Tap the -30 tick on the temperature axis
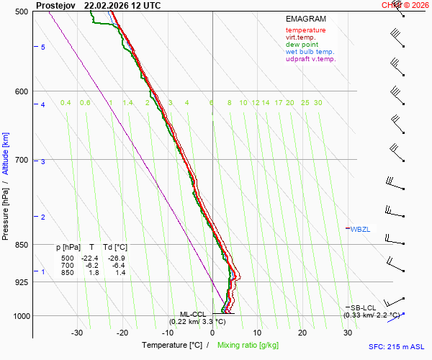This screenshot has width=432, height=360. pyautogui.click(x=77, y=333)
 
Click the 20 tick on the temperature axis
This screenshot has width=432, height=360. pyautogui.click(x=302, y=333)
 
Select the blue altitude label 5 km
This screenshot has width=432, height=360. pyautogui.click(x=43, y=47)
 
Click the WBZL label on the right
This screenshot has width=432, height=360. pyautogui.click(x=360, y=230)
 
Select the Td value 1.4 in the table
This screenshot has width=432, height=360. pyautogui.click(x=120, y=273)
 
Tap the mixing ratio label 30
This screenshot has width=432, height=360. pyautogui.click(x=318, y=103)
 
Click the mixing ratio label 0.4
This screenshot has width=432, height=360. pyautogui.click(x=66, y=103)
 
